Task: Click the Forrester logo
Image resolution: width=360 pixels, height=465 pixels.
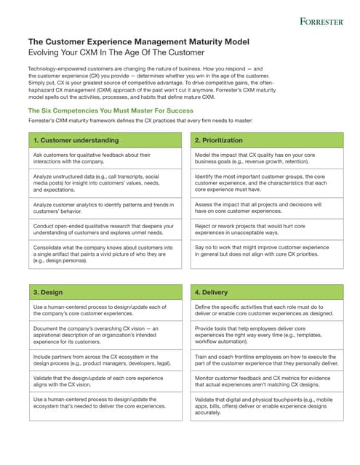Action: point(321,22)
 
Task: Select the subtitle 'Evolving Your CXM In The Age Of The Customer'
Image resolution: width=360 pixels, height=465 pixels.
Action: point(116,53)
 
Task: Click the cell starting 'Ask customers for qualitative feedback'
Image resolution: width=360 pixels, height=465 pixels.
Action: point(105,158)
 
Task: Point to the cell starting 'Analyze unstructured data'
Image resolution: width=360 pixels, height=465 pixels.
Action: point(105,182)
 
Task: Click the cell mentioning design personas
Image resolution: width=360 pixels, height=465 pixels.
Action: point(105,255)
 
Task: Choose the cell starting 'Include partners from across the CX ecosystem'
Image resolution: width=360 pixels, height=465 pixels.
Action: point(105,361)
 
